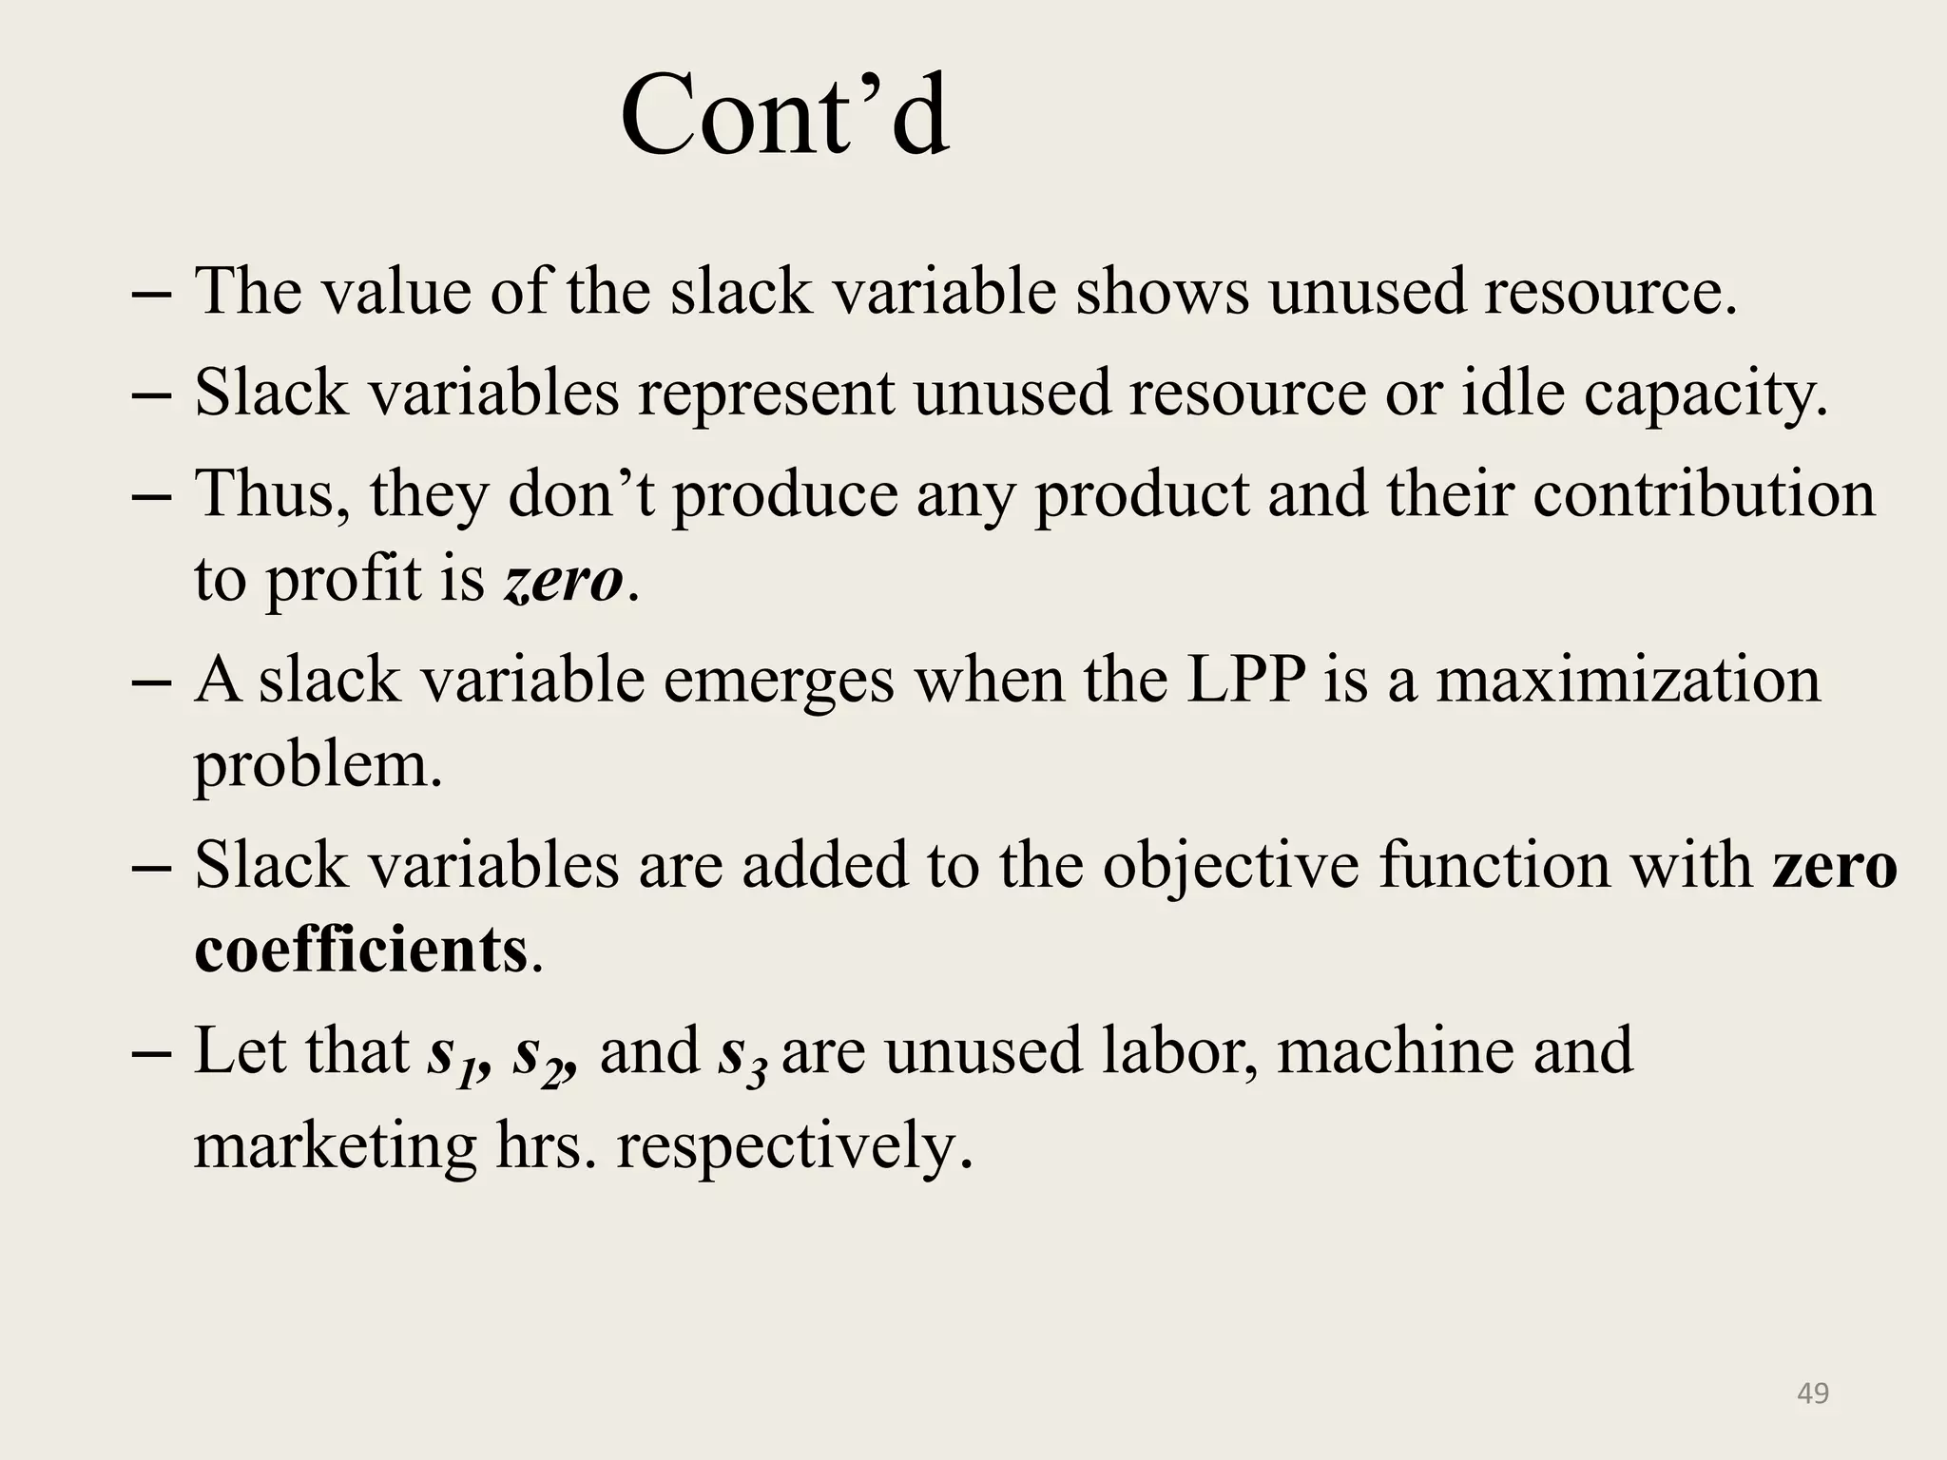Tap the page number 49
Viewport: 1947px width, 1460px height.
1812,1393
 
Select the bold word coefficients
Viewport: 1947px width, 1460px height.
360,950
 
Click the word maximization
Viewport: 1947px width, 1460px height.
1628,681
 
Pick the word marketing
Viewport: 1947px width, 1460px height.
335,1146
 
